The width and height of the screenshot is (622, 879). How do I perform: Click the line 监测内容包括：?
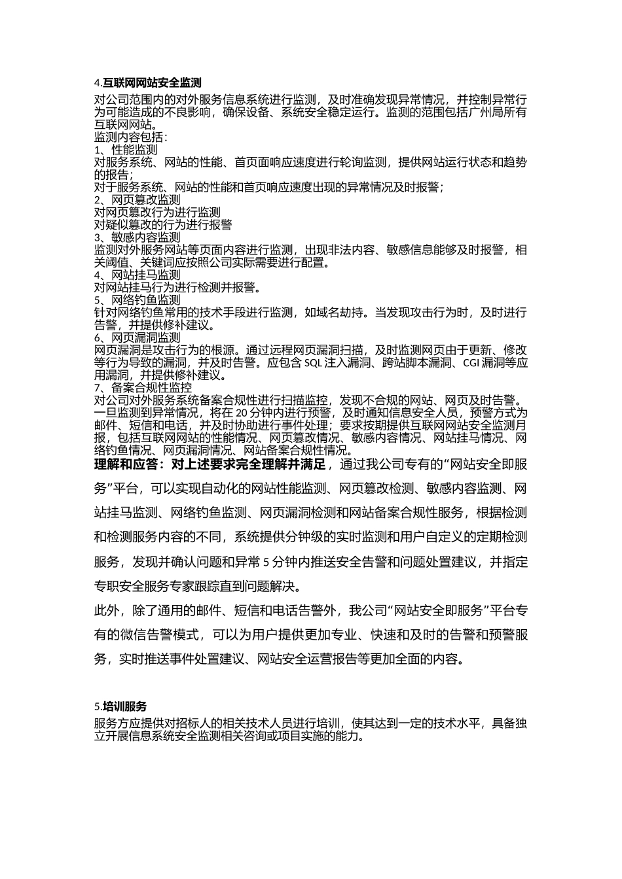pyautogui.click(x=132, y=137)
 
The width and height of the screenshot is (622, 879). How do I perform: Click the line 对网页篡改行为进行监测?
pyautogui.click(x=158, y=213)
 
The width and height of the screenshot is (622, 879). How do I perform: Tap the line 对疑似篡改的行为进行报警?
pyautogui.click(x=163, y=225)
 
